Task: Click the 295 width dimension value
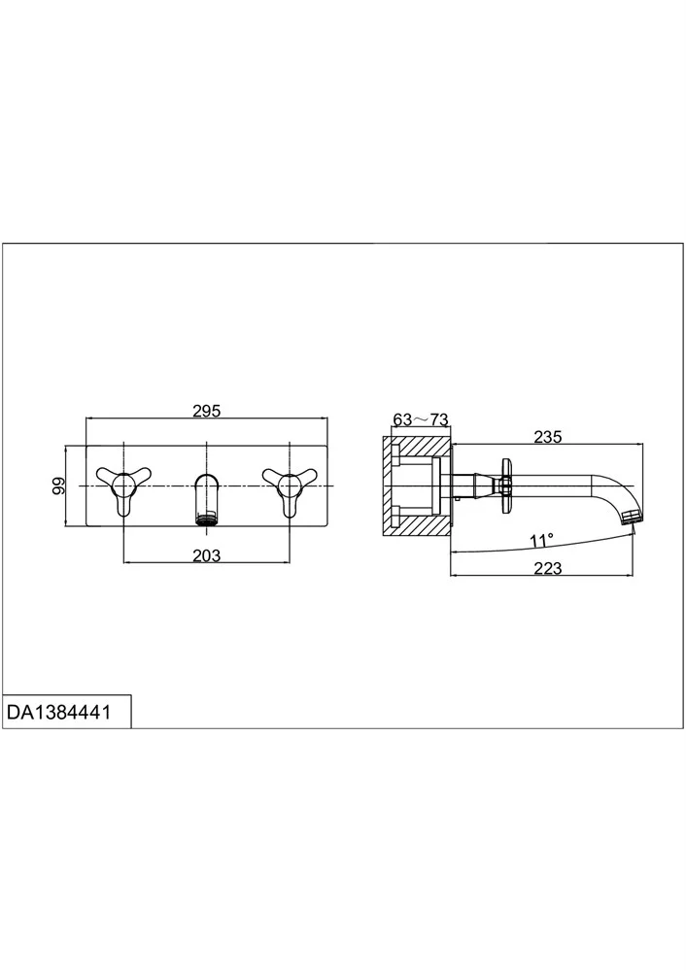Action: tap(206, 411)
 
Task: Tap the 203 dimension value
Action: tap(206, 555)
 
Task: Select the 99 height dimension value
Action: tap(58, 485)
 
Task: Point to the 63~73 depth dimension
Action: tap(421, 419)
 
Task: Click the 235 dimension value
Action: tap(548, 437)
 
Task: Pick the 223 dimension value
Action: tap(548, 568)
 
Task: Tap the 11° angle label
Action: tap(541, 541)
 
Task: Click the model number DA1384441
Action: tap(59, 712)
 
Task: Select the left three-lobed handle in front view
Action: tap(124, 488)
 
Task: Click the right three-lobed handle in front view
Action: tap(290, 488)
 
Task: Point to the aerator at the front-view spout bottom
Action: tap(207, 519)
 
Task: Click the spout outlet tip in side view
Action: tap(633, 518)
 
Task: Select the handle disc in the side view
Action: tap(506, 485)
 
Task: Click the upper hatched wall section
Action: tap(417, 447)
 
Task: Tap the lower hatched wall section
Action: tap(417, 524)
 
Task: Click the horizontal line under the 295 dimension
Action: tap(206, 419)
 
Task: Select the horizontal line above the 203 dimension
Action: tap(206, 562)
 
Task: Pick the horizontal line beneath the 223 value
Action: tap(541, 576)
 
